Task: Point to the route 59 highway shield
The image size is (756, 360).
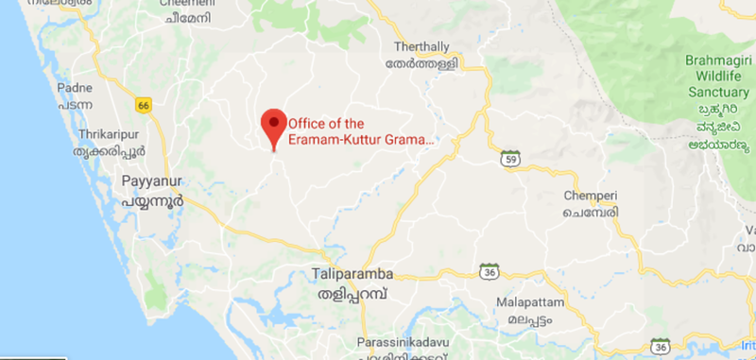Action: click(x=509, y=156)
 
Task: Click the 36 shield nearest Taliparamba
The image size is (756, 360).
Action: click(x=489, y=271)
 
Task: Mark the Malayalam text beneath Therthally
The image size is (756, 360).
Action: click(x=426, y=65)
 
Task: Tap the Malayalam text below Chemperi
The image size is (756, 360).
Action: click(x=591, y=214)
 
